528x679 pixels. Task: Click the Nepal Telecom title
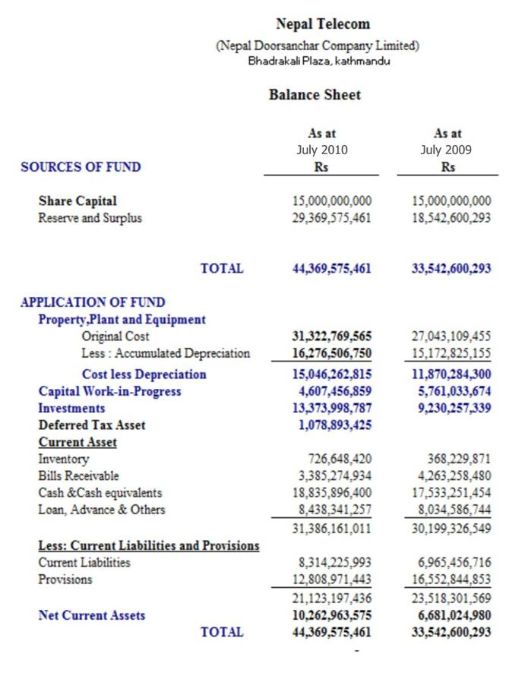(x=323, y=24)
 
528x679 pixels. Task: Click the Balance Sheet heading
(x=315, y=95)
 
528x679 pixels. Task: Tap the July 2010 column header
(x=321, y=150)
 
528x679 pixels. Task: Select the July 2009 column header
(x=447, y=150)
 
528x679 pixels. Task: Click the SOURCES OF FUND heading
(x=81, y=167)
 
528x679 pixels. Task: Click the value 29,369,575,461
(x=332, y=218)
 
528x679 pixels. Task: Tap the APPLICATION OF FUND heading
(x=93, y=302)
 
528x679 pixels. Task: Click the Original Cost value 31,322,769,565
(x=332, y=336)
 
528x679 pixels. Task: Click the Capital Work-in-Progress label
(x=110, y=391)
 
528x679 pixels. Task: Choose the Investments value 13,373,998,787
(x=332, y=409)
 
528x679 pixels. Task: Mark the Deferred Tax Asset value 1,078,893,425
(x=332, y=425)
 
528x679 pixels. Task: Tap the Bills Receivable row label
(x=78, y=475)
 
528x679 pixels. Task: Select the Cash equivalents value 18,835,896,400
(x=332, y=493)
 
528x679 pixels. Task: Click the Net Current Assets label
(x=92, y=615)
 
